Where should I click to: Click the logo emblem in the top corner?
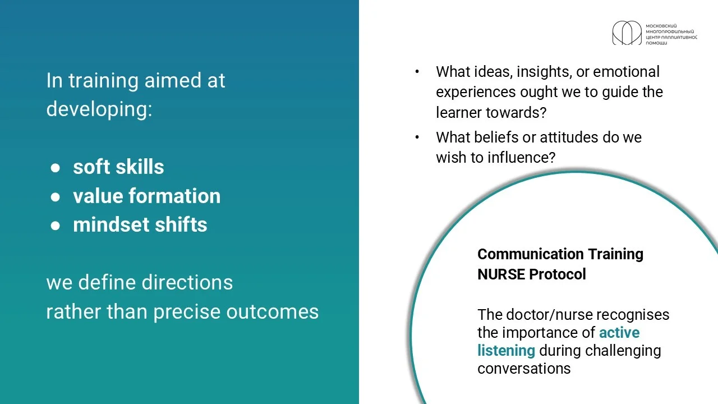pyautogui.click(x=627, y=33)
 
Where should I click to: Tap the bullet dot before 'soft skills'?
pyautogui.click(x=55, y=168)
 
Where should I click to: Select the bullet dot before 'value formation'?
pyautogui.click(x=55, y=197)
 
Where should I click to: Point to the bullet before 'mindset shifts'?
pyautogui.click(x=55, y=226)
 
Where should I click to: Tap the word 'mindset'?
pyautogui.click(x=111, y=224)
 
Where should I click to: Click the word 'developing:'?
pyautogui.click(x=99, y=109)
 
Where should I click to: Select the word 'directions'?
pyautogui.click(x=187, y=282)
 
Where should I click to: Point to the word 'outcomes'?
pyautogui.click(x=273, y=311)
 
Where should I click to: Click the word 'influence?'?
pyautogui.click(x=522, y=158)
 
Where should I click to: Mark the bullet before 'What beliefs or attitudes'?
pyautogui.click(x=417, y=137)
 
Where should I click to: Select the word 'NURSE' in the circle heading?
pyautogui.click(x=501, y=274)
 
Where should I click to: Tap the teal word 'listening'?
pyautogui.click(x=507, y=351)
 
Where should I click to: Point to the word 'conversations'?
pyautogui.click(x=524, y=369)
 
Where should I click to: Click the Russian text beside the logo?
pyautogui.click(x=671, y=34)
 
